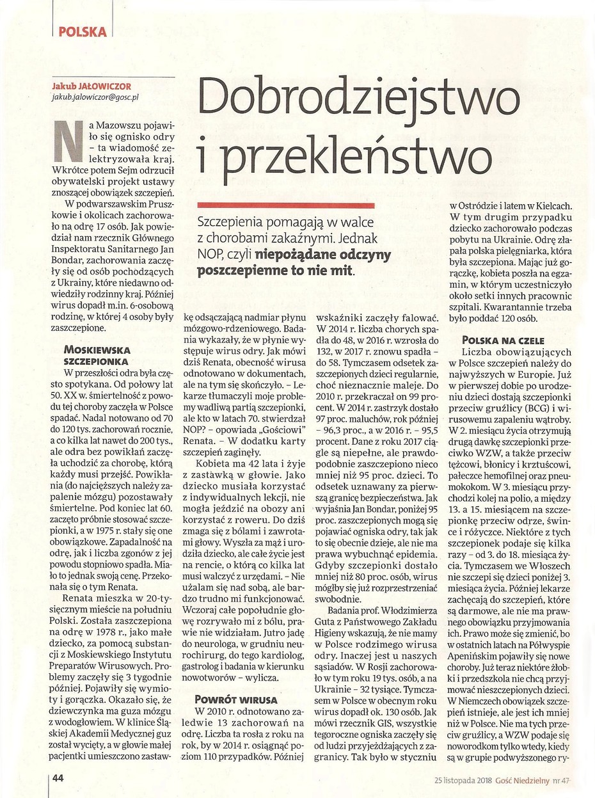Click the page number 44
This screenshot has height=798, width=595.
point(58,778)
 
